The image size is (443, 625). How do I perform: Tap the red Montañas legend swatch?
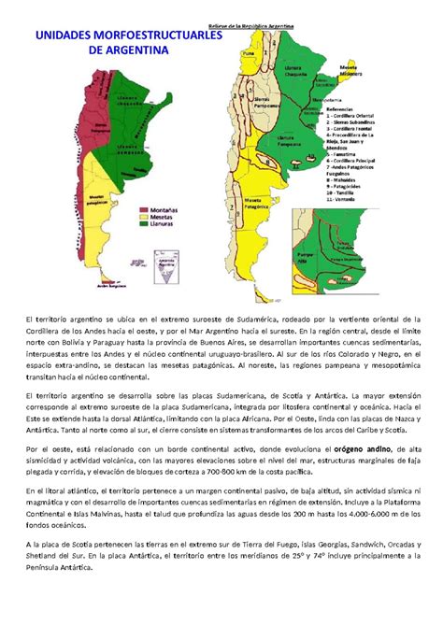(145, 210)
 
